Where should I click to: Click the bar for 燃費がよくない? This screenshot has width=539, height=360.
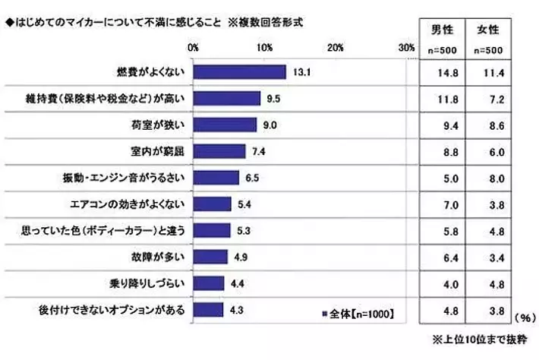point(240,72)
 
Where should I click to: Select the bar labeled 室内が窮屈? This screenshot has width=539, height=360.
point(219,151)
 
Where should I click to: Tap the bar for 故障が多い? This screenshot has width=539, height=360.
point(210,256)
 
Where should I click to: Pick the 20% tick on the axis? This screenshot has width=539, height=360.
point(336,48)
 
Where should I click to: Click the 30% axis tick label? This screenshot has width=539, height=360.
point(405,48)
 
